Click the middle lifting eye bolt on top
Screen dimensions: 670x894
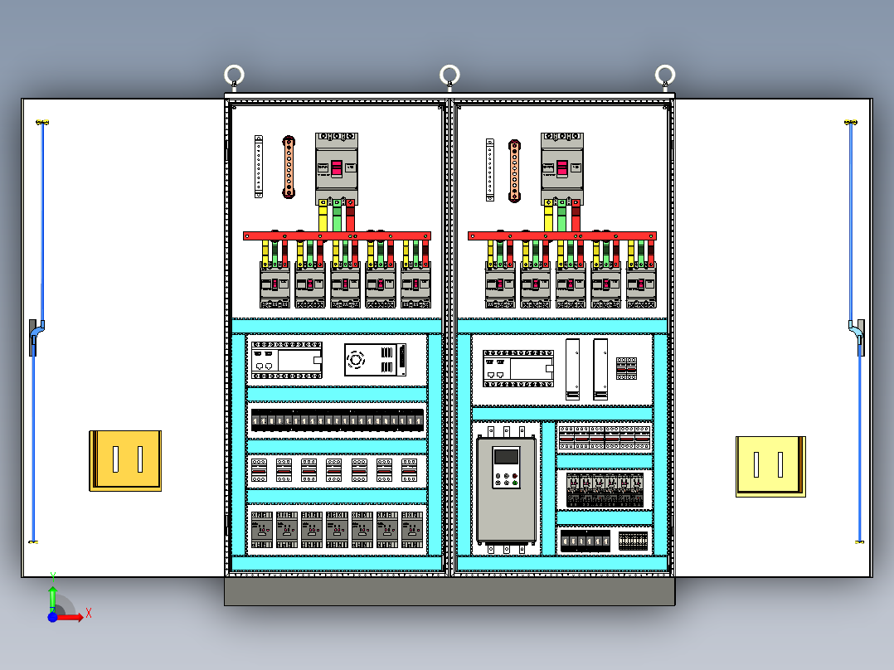coord(449,75)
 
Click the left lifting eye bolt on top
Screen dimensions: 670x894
coord(234,75)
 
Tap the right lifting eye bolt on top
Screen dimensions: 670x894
coord(664,75)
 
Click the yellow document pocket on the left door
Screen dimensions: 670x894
coord(125,460)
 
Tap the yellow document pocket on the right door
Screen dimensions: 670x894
coord(770,466)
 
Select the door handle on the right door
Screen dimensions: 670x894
coord(858,336)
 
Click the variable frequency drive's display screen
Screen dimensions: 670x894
coord(505,458)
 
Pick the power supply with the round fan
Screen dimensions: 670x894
coord(376,360)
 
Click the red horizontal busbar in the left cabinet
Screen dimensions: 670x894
coord(337,236)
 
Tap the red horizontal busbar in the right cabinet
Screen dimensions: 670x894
coord(562,236)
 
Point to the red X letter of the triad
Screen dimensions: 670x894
coord(89,613)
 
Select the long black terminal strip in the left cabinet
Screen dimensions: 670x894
coord(337,420)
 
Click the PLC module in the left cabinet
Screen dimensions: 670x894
coord(286,360)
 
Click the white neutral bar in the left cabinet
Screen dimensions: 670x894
coord(259,167)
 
